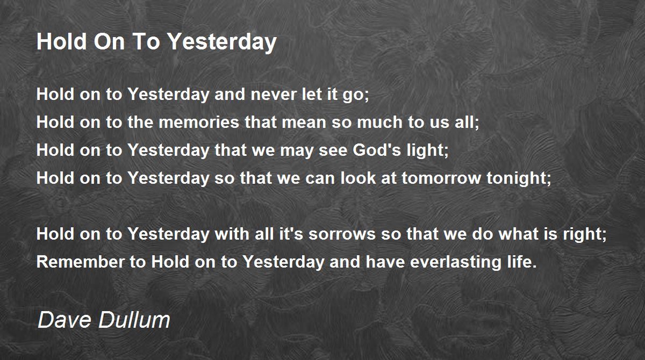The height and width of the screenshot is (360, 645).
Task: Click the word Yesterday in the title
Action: [x=222, y=42]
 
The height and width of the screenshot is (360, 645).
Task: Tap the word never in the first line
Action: [x=274, y=94]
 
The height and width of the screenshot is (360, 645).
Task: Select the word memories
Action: [x=199, y=122]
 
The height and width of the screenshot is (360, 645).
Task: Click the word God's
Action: [x=377, y=150]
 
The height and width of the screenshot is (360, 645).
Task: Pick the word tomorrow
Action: [x=441, y=178]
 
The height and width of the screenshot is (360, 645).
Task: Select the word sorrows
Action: [x=342, y=234]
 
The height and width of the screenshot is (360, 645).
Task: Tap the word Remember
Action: [x=80, y=262]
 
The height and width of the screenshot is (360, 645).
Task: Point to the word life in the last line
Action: [x=520, y=262]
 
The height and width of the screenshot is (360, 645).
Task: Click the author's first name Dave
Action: [x=65, y=320]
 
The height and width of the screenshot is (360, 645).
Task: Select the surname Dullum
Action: [x=134, y=320]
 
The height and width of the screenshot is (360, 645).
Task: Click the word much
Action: [x=379, y=122]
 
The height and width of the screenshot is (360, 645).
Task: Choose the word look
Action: [x=358, y=178]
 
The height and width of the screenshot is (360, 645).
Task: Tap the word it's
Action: [x=291, y=234]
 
